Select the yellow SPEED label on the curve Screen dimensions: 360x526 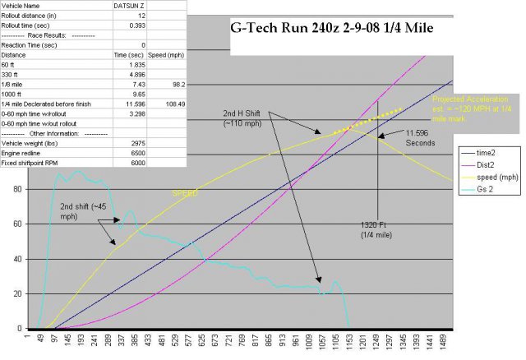185,194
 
